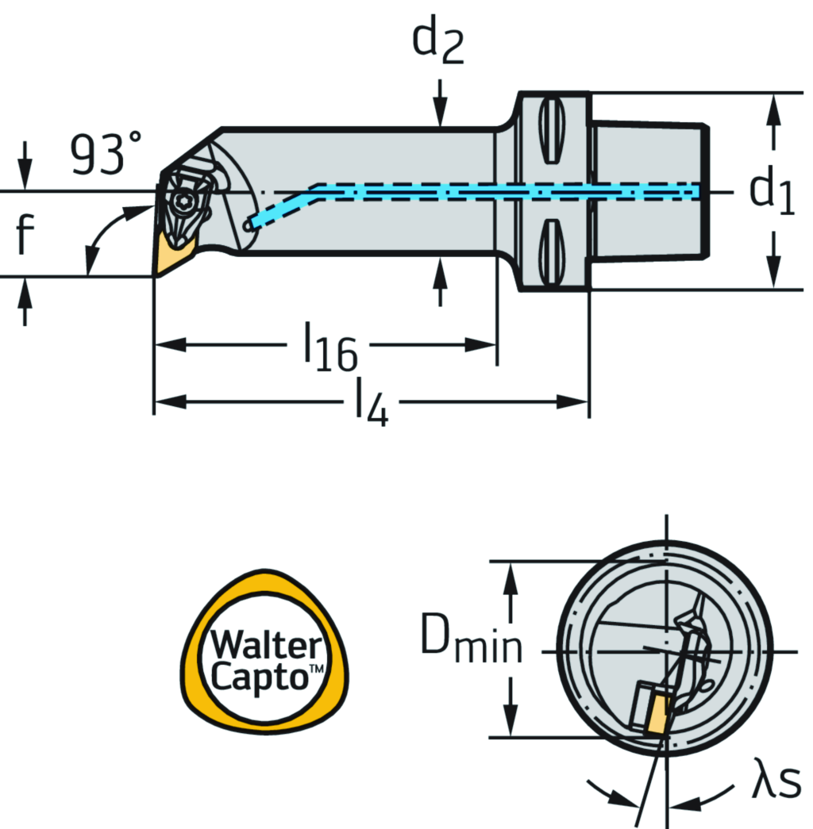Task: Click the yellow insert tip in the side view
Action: click(168, 252)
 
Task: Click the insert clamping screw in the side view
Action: click(182, 201)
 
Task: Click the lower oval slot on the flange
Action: click(553, 255)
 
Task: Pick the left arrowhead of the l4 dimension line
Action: click(168, 402)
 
